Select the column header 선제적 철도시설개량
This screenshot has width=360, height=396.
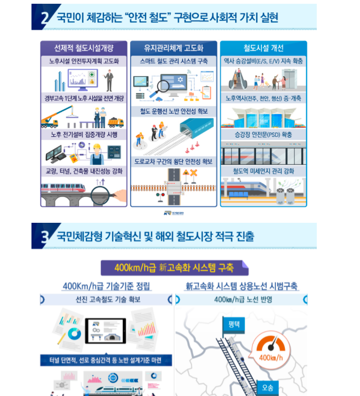(x=84, y=47)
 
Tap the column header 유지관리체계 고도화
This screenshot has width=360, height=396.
(x=173, y=47)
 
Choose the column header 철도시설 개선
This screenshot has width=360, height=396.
(x=263, y=47)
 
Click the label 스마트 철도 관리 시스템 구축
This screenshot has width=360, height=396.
(x=173, y=61)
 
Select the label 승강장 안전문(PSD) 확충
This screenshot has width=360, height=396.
(x=263, y=135)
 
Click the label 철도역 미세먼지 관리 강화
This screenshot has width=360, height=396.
(x=263, y=171)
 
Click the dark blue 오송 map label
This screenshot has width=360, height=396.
(x=266, y=387)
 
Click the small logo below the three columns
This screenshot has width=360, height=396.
(x=173, y=212)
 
